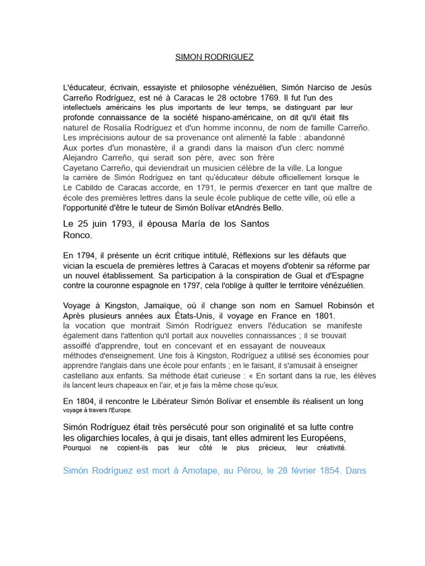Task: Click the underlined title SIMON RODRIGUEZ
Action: tap(214, 57)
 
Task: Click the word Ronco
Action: tap(77, 234)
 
